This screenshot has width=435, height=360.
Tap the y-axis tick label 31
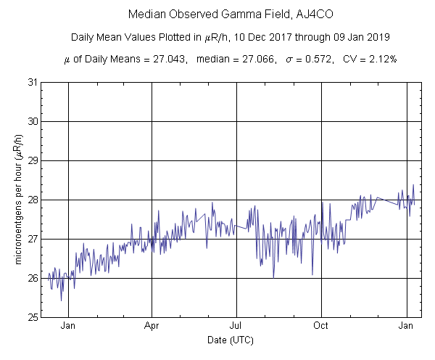click(33, 82)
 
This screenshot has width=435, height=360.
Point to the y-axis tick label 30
click(33, 121)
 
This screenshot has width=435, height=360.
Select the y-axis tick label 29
click(33, 160)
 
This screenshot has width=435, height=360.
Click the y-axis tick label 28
click(33, 200)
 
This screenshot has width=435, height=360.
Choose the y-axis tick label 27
click(33, 239)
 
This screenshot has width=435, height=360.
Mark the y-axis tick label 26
click(33, 278)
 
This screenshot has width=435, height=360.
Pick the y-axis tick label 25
click(33, 317)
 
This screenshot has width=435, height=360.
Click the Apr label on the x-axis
click(152, 326)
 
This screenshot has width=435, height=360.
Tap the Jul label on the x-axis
click(236, 326)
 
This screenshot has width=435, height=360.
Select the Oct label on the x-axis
click(321, 326)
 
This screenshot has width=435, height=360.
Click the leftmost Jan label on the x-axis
click(68, 326)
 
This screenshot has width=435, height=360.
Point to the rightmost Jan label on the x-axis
click(407, 326)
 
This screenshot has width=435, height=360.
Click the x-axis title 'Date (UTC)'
click(229, 340)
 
